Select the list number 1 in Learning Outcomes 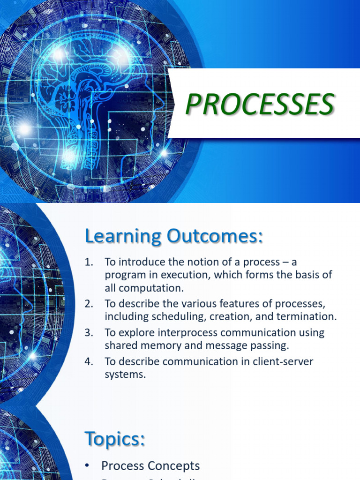coord(89,262)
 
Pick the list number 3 coord(89,333)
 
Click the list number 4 coord(89,361)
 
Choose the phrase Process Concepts coord(150,465)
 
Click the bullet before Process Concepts coord(88,465)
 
